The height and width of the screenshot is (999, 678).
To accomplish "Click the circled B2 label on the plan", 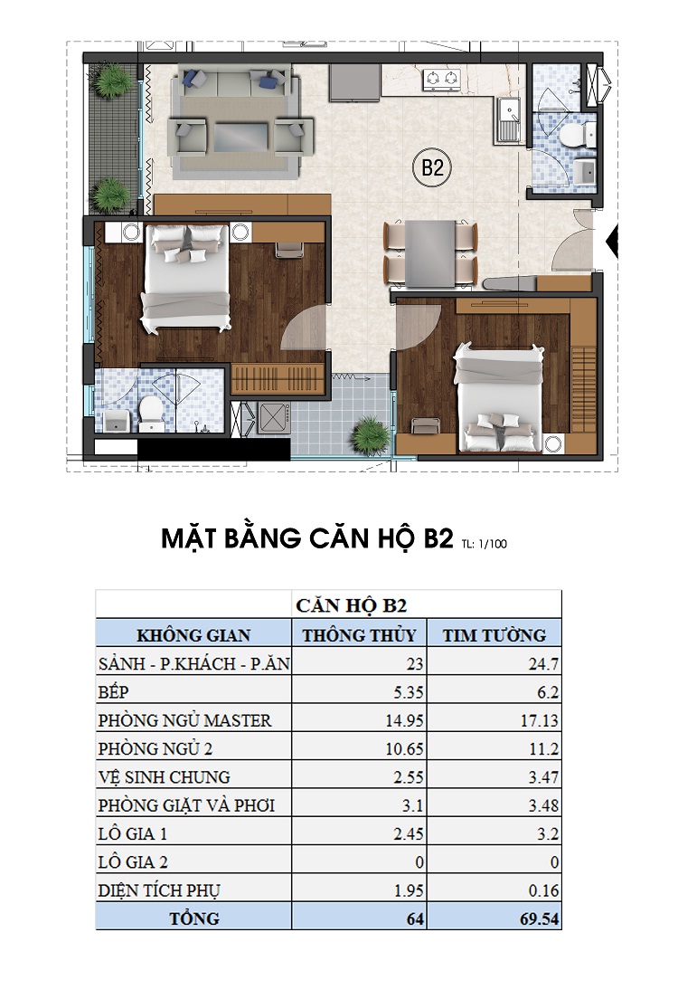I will click(431, 168).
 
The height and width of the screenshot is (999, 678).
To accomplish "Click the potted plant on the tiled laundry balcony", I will click(368, 430).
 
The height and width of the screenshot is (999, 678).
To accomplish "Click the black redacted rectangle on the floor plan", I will click(214, 447).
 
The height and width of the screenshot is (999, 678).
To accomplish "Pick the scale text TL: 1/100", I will click(486, 544).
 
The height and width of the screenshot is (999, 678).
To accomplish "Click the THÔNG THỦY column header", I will click(359, 634).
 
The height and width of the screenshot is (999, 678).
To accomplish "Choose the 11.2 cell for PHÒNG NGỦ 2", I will click(545, 748).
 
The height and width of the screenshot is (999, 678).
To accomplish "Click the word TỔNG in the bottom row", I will click(193, 918).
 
